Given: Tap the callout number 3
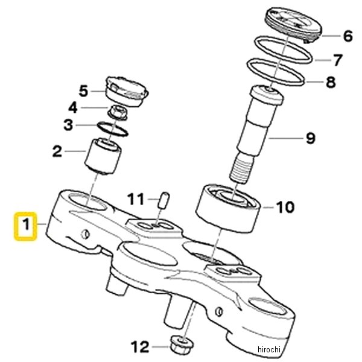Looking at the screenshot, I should (x=69, y=125).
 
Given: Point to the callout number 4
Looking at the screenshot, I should (x=72, y=108).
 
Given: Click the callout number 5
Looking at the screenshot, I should (x=84, y=91).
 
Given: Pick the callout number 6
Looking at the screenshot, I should (x=347, y=36).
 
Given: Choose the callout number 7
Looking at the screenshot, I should (x=338, y=60).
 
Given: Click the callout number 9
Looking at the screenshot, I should (x=310, y=138).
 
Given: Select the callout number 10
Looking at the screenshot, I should (x=285, y=208).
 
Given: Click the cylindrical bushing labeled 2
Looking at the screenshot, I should (x=103, y=155).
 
